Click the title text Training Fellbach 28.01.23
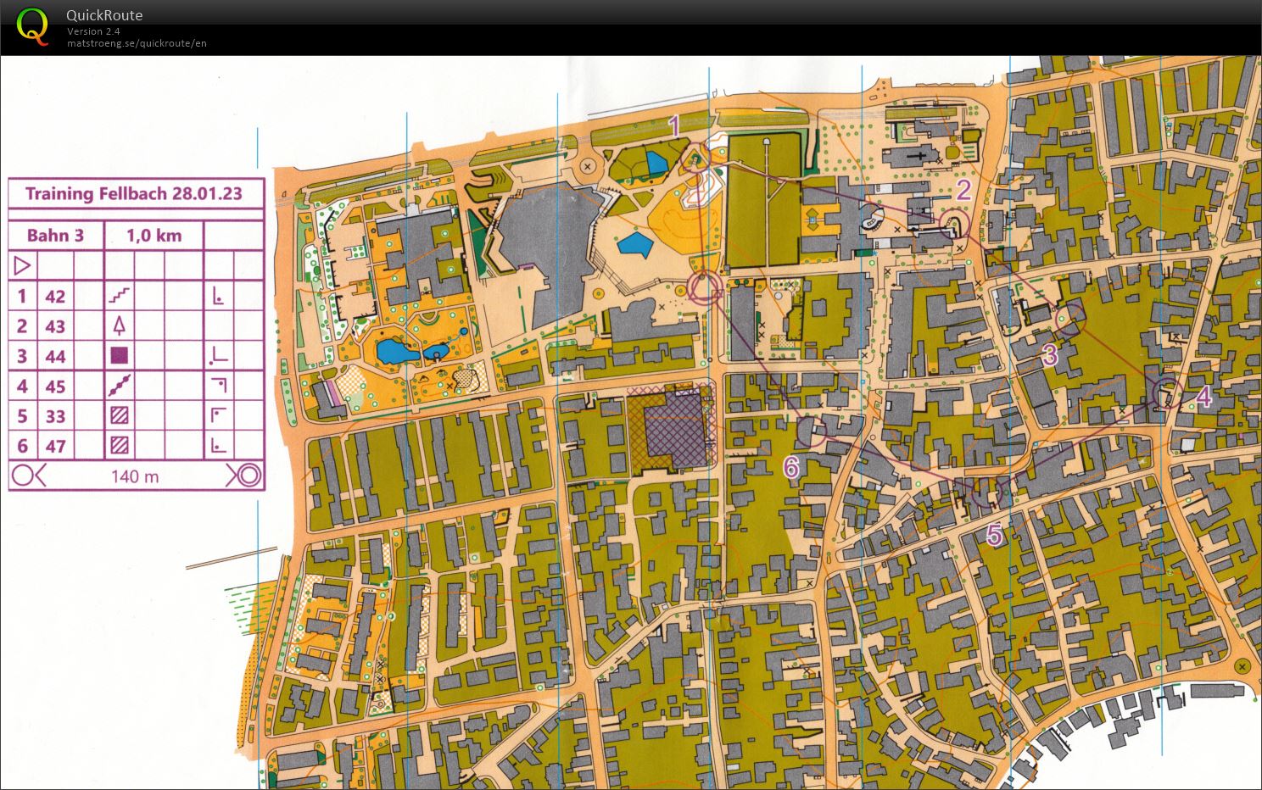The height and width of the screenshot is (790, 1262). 134,193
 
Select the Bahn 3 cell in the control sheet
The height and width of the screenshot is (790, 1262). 55,236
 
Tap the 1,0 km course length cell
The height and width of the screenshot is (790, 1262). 154,236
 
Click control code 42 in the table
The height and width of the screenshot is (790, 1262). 55,297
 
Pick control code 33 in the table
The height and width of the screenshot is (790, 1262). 55,416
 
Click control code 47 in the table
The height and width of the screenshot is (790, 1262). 55,446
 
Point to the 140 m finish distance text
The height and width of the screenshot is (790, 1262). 135,476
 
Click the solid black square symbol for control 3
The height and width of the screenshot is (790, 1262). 120,356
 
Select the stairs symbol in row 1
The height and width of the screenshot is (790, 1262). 120,296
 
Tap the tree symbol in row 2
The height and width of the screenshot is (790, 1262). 120,325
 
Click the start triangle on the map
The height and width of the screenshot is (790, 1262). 703,289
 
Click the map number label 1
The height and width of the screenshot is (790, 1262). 674,127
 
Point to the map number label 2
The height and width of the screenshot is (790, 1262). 963,190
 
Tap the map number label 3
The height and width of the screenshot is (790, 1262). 1050,354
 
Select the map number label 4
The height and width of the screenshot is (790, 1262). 1203,397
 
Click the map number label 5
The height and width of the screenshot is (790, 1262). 994,535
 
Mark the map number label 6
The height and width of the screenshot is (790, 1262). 790,466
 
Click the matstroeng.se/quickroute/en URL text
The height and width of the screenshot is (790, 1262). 137,43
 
